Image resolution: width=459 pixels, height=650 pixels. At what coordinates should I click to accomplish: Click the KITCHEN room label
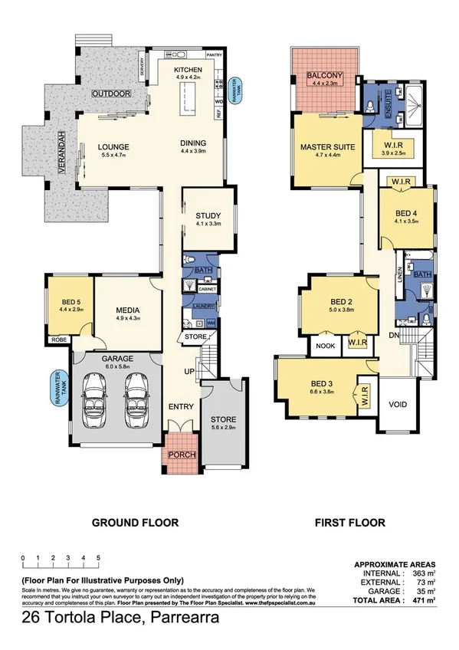pyautogui.click(x=188, y=69)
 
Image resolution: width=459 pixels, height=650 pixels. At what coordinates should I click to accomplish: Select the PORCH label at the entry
pyautogui.click(x=182, y=455)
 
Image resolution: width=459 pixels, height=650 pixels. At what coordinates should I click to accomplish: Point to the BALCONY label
pyautogui.click(x=324, y=76)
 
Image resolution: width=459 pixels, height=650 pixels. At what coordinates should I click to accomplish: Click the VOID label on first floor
pyautogui.click(x=398, y=404)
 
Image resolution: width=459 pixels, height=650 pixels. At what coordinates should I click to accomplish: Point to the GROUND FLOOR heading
pyautogui.click(x=135, y=523)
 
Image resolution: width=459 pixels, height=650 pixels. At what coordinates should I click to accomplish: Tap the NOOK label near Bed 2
pyautogui.click(x=324, y=346)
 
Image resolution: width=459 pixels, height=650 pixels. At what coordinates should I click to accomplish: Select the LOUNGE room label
pyautogui.click(x=112, y=147)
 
